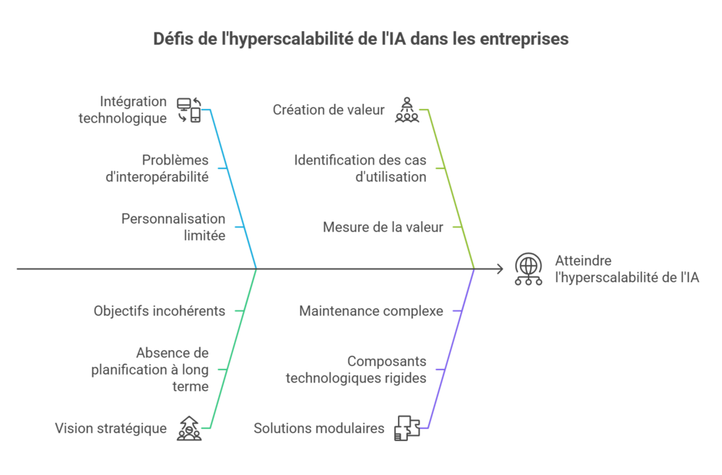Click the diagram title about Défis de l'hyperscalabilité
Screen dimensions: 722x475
[x=361, y=39]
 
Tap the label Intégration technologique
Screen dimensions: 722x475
[x=122, y=110]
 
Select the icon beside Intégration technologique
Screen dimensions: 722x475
[x=189, y=110]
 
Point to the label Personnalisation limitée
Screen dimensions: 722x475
[x=173, y=227]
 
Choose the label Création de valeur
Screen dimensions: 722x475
[x=329, y=110]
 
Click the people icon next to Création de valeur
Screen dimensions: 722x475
[x=406, y=110]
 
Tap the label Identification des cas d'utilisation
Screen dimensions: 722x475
[x=360, y=168]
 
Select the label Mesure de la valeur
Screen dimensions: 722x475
[x=383, y=227]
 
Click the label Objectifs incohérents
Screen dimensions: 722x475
[x=160, y=311]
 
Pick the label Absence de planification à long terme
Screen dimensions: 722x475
[x=150, y=370]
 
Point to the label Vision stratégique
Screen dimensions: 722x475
[x=110, y=429]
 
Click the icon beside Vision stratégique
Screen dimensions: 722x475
[x=189, y=428]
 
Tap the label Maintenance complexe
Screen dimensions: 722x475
[x=371, y=311]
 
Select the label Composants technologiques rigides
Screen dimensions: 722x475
[x=356, y=370]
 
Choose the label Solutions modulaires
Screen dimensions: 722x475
[x=318, y=429]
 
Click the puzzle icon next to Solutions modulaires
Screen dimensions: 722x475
[x=406, y=428]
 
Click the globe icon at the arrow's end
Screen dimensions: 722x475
[x=529, y=269]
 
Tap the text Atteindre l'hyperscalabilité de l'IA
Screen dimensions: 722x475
[x=627, y=269]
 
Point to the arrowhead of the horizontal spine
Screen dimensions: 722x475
[x=500, y=269]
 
